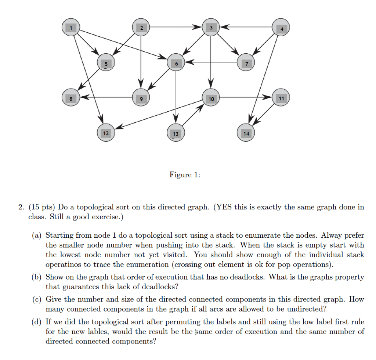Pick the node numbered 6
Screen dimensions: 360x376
pyautogui.click(x=176, y=63)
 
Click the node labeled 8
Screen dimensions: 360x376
pyautogui.click(x=71, y=98)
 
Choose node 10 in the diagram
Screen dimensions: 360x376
pyautogui.click(x=211, y=98)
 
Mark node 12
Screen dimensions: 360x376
pyautogui.click(x=106, y=133)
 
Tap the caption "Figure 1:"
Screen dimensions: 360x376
pyautogui.click(x=185, y=175)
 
